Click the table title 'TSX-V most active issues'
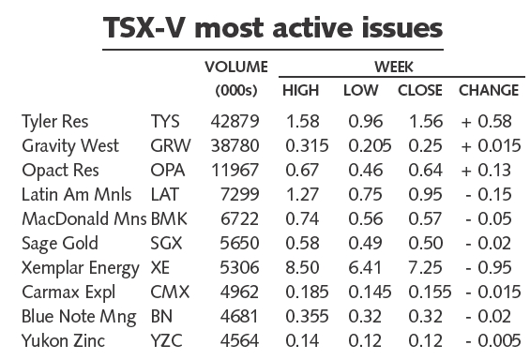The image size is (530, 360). (273, 28)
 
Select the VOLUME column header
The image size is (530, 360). (236, 67)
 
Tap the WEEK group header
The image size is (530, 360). (394, 67)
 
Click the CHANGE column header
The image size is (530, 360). (489, 90)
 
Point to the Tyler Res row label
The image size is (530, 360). (54, 122)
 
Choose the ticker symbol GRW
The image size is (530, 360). (171, 145)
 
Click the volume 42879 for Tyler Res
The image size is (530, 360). (235, 121)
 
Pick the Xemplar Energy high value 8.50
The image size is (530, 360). (302, 267)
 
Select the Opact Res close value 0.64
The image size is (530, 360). (425, 170)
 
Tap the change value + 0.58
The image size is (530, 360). (486, 121)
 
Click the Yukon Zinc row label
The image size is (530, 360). (63, 340)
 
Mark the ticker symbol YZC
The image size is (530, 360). (166, 340)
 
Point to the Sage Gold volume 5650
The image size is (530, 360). (239, 243)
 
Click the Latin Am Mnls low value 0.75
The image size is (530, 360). (366, 194)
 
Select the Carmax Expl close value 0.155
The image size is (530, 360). (430, 292)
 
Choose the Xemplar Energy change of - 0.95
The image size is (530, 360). (489, 267)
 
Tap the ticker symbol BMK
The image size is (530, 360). (169, 218)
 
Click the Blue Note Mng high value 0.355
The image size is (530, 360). (307, 316)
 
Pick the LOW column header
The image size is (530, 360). (360, 90)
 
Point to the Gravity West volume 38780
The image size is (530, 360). (235, 145)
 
